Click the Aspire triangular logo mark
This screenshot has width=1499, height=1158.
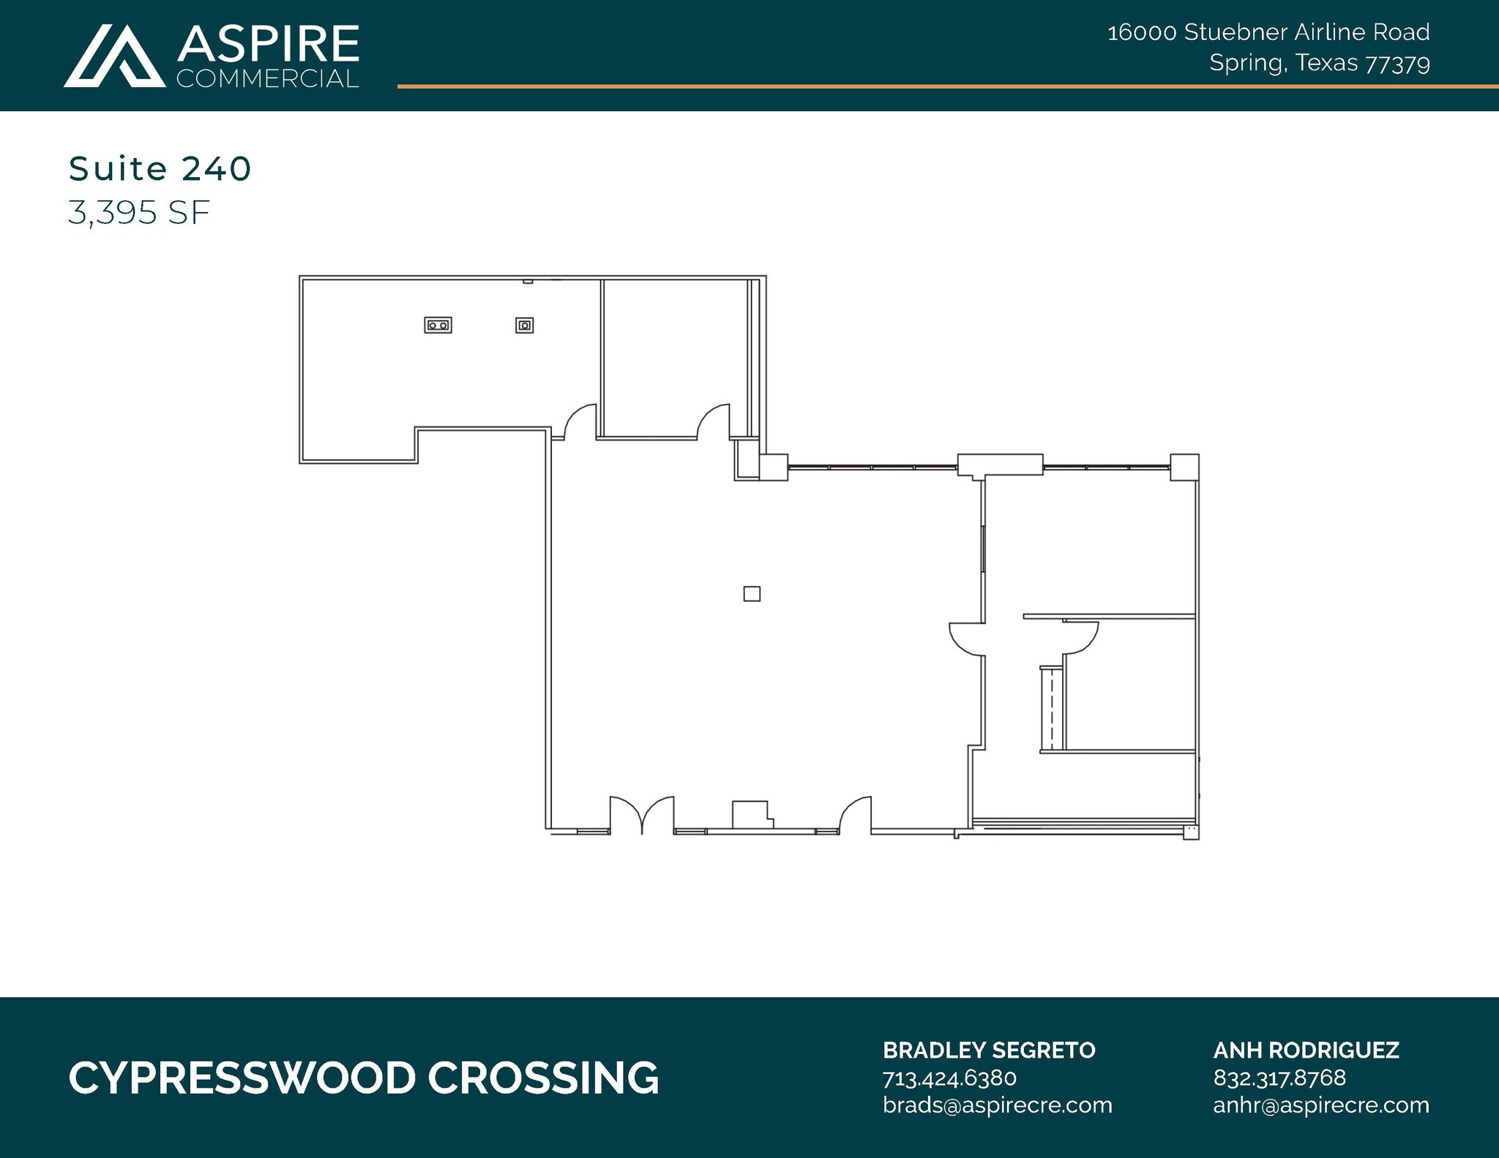[x=114, y=57]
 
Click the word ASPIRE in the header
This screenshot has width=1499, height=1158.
[x=268, y=44]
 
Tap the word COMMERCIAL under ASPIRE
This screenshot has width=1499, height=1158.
[x=268, y=79]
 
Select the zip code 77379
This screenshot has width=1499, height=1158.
[x=1398, y=64]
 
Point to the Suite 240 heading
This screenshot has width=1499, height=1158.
[x=160, y=169]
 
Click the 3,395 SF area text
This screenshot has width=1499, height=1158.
[x=139, y=213]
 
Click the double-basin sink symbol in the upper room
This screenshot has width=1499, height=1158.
[x=438, y=325]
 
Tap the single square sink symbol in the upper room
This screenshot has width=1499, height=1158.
[x=524, y=325]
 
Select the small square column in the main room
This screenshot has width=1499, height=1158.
[x=752, y=593]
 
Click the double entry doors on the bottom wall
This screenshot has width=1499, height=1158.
[x=642, y=816]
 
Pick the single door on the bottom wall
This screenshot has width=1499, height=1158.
[x=856, y=816]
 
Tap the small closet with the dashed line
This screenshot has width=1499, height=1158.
[x=1052, y=708]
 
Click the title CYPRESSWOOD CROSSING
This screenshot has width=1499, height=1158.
[x=364, y=1078]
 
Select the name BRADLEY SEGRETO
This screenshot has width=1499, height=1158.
[x=989, y=1050]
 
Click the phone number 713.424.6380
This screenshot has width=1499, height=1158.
[x=949, y=1078]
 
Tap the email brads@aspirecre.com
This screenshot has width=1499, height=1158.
[x=997, y=1105]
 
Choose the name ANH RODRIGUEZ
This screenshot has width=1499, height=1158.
[x=1306, y=1050]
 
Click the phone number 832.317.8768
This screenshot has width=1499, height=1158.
[x=1279, y=1078]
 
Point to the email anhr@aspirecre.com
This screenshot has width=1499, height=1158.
[x=1321, y=1105]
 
